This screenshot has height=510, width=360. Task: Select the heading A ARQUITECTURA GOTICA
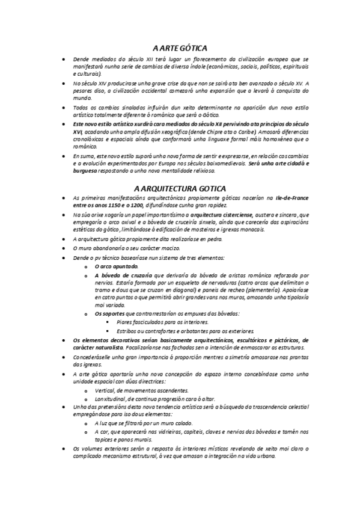coord(180,187)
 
